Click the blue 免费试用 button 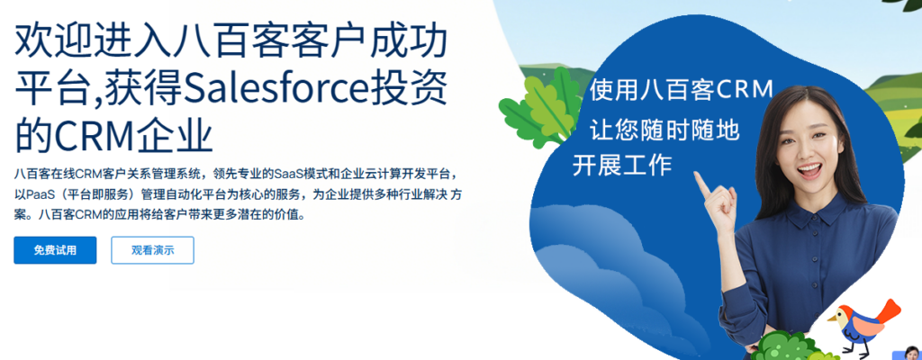coord(55,250)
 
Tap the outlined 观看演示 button coord(152,250)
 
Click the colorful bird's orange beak coord(833,319)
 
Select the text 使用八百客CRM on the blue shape coord(681,90)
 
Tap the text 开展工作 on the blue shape coord(622,165)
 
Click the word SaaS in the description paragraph coord(288,175)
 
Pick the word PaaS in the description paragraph coord(36,194)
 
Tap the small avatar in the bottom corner coord(913,353)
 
